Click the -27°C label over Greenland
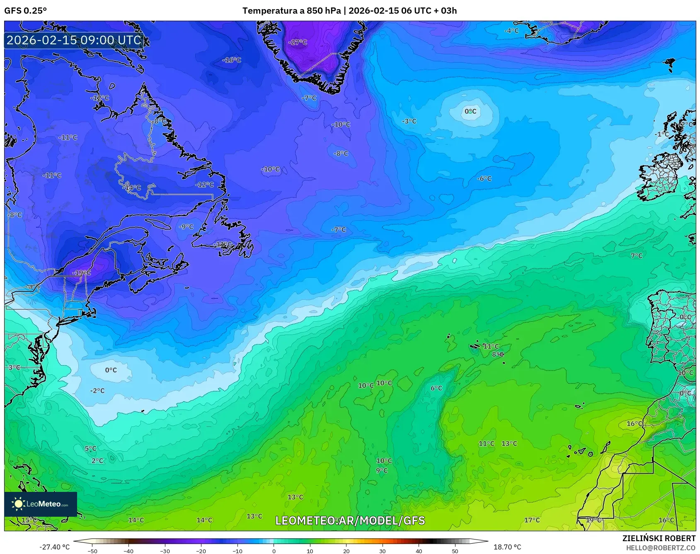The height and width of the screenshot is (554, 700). coord(298,42)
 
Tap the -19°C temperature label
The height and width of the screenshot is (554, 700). coord(81,273)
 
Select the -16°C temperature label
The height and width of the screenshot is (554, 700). coord(232,60)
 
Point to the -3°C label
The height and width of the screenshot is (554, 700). coord(409,121)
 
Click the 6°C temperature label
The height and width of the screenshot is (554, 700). coord(436,388)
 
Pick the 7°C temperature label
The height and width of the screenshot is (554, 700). coord(637,256)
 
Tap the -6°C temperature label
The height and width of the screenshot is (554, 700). coord(484,178)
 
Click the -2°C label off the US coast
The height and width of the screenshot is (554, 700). coord(97,391)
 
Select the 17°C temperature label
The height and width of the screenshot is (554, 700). coord(532,520)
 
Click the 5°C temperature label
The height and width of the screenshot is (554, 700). coord(90,448)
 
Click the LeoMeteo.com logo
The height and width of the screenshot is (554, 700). coord(41,504)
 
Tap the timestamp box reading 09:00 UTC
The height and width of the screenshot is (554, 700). coord(74,40)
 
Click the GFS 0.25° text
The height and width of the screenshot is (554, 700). coord(26,11)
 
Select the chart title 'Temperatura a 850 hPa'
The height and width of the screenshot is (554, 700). coord(291,11)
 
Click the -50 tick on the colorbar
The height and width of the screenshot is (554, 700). coord(92,551)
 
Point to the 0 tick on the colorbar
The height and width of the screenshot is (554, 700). coord(274,551)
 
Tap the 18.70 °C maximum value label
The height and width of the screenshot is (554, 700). coord(507,547)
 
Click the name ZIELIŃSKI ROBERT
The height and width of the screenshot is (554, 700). coord(659,538)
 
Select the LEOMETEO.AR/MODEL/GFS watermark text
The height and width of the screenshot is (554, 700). coord(350,520)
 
